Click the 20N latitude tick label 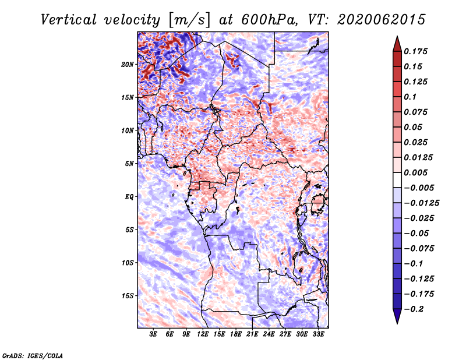tap(127, 64)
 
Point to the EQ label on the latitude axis tap(129, 196)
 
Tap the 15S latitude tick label tap(127, 296)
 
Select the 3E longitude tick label tap(153, 334)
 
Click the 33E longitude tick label tap(318, 334)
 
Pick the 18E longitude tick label tap(236, 334)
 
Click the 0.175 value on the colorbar tap(415, 51)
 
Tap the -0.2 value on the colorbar tap(414, 309)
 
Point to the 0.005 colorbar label tap(415, 172)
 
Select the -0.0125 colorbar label tap(421, 203)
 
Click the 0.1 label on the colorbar tap(410, 97)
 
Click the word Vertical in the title tap(69, 20)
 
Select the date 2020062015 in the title tap(382, 20)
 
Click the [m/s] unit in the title tap(189, 20)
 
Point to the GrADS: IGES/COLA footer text tap(33, 355)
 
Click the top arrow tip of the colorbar tap(397, 36)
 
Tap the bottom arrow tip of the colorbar tap(397, 323)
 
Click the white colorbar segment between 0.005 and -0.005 tap(397, 180)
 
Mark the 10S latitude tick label tap(127, 263)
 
